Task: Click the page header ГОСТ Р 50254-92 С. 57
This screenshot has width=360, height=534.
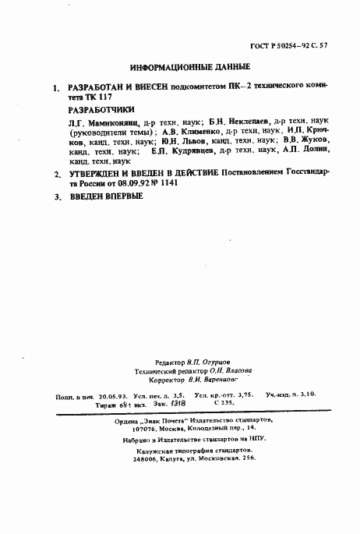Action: tap(310, 46)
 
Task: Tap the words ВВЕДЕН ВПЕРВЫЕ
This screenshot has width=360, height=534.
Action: tap(107, 196)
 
